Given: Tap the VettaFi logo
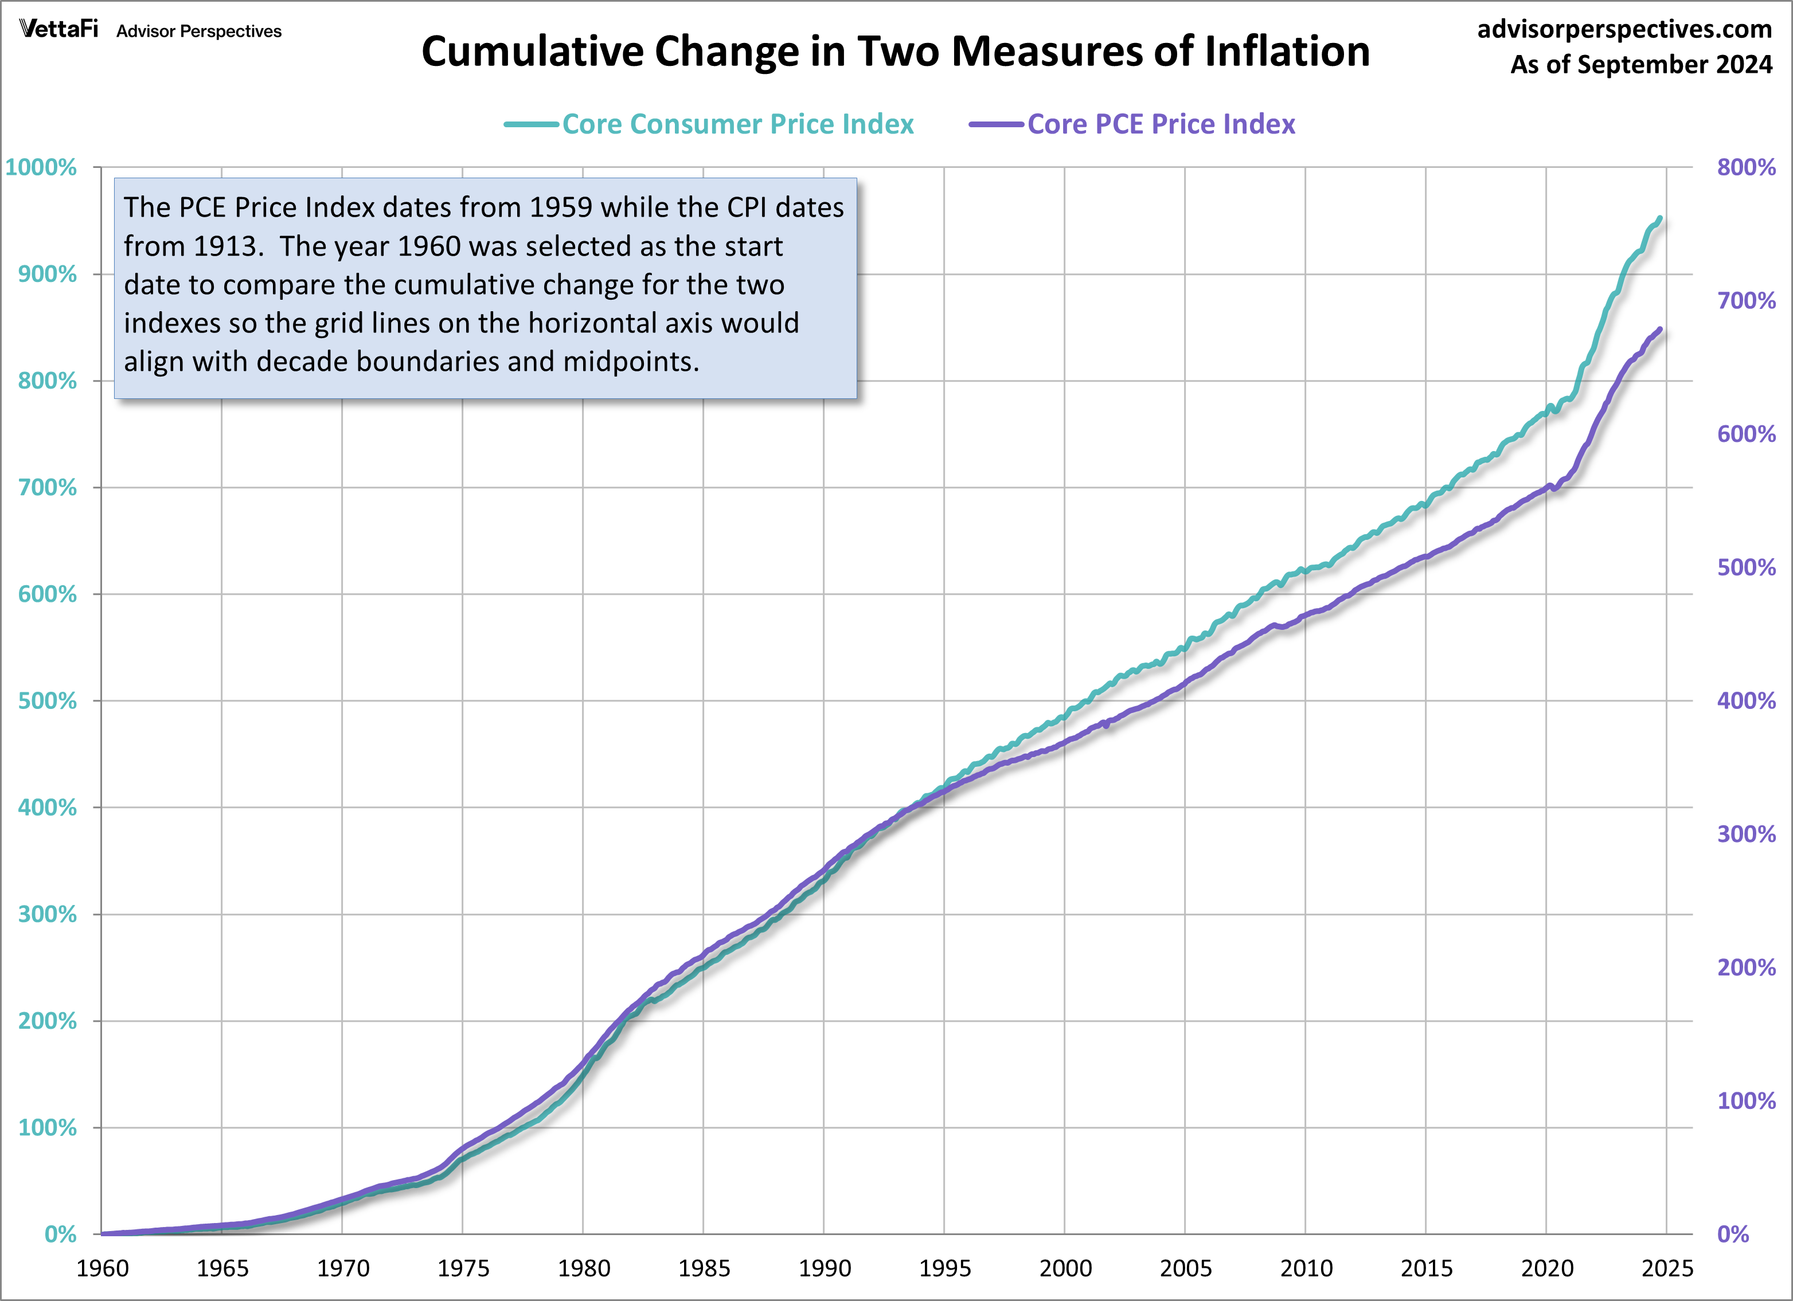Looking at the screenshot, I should [x=58, y=29].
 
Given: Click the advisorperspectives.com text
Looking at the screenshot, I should [x=1624, y=29].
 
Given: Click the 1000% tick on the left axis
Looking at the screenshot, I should [x=41, y=167].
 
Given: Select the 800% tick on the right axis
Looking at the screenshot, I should [x=1745, y=167].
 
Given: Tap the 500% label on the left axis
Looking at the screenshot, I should [x=48, y=701].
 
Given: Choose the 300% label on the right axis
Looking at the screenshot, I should [x=1745, y=834].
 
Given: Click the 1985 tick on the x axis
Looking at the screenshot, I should [x=704, y=1268].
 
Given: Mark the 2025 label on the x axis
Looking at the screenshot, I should [x=1666, y=1268].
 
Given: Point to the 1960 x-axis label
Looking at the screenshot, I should [x=102, y=1268].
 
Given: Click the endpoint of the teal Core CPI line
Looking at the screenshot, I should [x=1659, y=218].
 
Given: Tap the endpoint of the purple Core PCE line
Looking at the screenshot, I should [x=1659, y=330].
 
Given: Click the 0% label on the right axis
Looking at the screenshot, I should [x=1732, y=1235].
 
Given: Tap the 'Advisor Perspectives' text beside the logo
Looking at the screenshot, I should [x=198, y=32].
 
